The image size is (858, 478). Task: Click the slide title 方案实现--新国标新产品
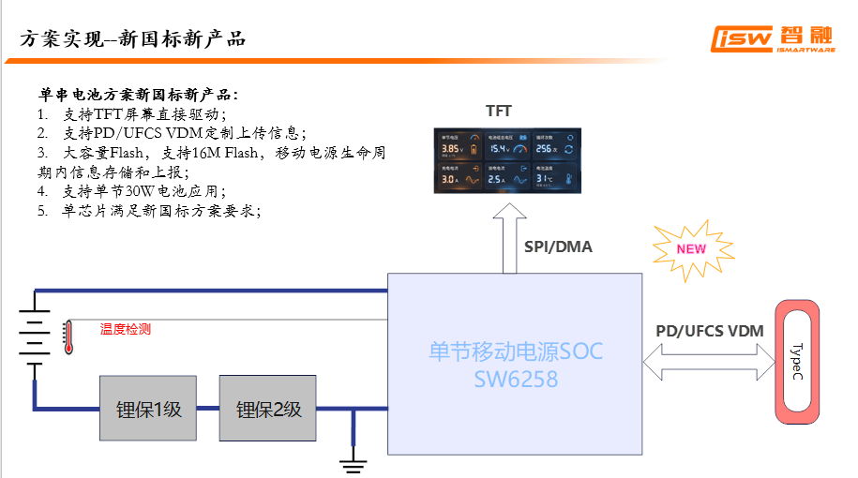[x=132, y=38]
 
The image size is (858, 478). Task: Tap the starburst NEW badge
[x=691, y=248]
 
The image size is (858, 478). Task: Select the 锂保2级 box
[x=267, y=409]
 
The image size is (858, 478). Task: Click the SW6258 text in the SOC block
[x=516, y=380]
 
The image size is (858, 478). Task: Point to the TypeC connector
[x=795, y=361]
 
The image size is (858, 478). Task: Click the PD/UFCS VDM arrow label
[x=709, y=331]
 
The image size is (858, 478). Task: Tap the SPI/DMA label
[x=558, y=247]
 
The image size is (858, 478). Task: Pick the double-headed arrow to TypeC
[x=709, y=362]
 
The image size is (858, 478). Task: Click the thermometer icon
[x=68, y=335]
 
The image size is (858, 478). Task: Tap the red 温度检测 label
[x=126, y=329]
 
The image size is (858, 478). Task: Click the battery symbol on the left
[x=35, y=337]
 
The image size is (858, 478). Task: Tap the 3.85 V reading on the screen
[x=451, y=149]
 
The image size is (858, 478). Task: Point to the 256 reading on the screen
[x=546, y=148]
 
